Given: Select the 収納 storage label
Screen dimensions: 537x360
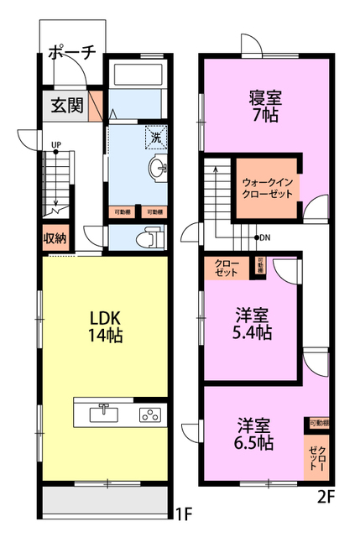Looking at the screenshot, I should [x=55, y=237].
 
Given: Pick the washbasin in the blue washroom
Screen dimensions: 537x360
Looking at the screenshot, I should [x=157, y=169].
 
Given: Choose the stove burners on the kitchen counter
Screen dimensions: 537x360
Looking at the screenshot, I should [x=149, y=414].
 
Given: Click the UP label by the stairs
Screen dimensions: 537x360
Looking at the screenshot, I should [x=56, y=145].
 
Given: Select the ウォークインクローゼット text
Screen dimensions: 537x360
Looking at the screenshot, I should [x=266, y=187].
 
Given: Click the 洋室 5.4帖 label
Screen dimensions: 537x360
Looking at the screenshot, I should [x=253, y=324].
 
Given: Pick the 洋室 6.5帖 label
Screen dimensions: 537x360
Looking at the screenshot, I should [x=253, y=433].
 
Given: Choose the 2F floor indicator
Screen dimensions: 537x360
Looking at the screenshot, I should [x=326, y=496].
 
